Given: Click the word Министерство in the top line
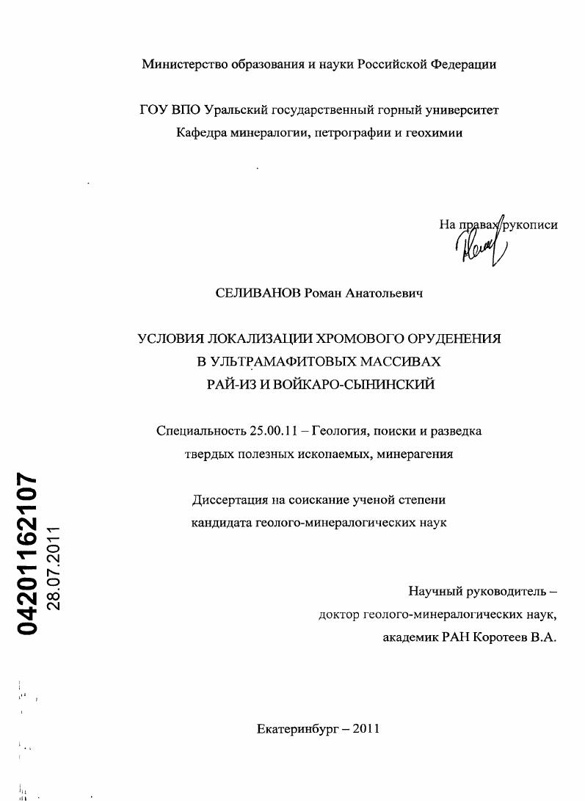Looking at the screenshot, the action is click(x=184, y=64).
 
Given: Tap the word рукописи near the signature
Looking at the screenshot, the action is click(x=529, y=225).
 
